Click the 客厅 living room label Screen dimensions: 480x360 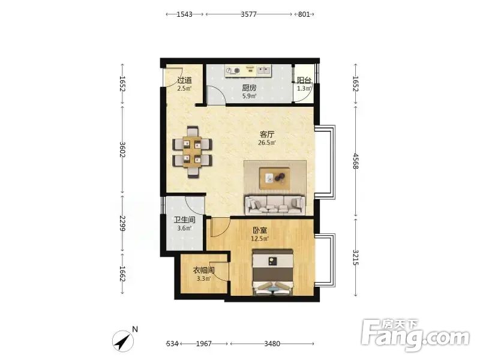[267, 134]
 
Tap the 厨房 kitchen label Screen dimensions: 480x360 [249, 88]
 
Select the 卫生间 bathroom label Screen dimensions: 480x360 [184, 220]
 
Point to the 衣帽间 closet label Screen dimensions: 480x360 [203, 271]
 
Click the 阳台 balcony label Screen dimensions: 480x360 [304, 80]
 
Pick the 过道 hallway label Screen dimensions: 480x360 [185, 80]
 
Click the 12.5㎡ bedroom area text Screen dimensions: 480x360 [260, 238]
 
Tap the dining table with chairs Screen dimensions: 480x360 [192, 152]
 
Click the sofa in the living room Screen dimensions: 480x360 [275, 205]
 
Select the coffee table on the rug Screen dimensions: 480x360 [275, 178]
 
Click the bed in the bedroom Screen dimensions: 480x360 [273, 272]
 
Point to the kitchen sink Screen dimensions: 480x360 [264, 71]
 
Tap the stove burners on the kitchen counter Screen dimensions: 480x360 [233, 71]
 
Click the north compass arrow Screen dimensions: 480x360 [123, 341]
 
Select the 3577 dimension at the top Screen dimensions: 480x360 [248, 14]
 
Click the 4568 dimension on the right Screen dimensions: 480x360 [355, 161]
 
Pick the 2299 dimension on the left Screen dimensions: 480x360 [122, 223]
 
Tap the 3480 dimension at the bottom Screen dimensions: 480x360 [272, 344]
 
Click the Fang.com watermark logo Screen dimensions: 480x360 [415, 335]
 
